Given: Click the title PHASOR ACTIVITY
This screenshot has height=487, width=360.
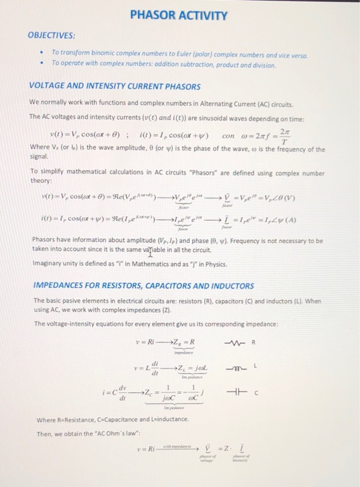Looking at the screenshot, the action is [x=179, y=15].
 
